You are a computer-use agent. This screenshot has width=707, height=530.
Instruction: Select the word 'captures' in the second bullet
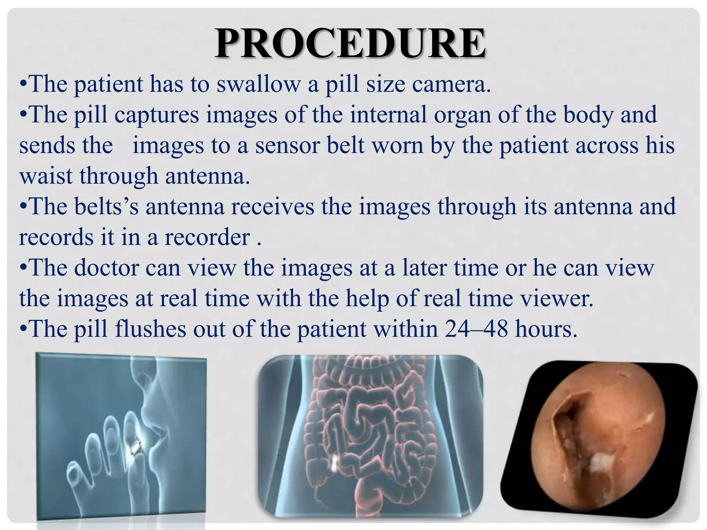coord(157,115)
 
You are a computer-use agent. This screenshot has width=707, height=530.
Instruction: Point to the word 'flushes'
coord(150,329)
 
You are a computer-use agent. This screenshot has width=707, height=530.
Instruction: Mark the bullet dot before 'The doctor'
coord(23,268)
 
